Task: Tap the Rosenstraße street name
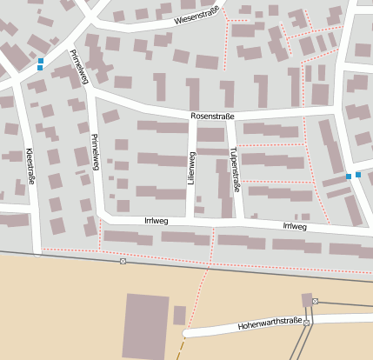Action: (214, 116)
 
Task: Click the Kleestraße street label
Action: (30, 165)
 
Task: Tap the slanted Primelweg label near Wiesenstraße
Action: (80, 66)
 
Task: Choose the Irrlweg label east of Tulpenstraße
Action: (294, 226)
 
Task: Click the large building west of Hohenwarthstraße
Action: (146, 326)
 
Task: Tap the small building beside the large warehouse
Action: (179, 315)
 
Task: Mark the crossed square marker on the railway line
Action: (123, 261)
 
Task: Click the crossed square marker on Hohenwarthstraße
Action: (306, 322)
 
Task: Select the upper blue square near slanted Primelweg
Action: (40, 60)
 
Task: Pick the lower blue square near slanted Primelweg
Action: (40, 68)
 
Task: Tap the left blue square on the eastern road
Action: (349, 177)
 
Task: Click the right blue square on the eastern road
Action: (358, 175)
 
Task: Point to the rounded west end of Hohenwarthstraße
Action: (186, 333)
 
